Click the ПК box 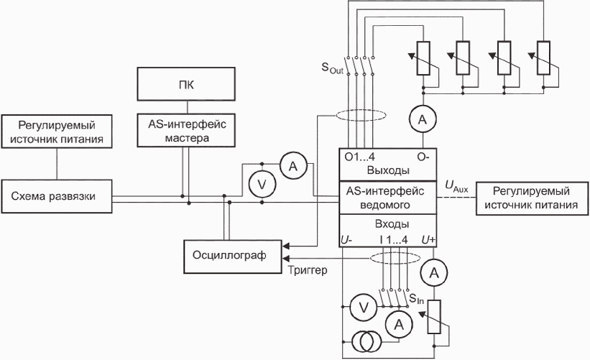coord(186,84)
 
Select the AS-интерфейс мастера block coord(186,130)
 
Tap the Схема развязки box coord(57,196)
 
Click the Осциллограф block coord(233,257)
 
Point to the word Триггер coord(308,270)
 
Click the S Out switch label coord(333,68)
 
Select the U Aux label coord(456,187)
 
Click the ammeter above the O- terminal coord(423,119)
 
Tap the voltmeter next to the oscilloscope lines coord(262,185)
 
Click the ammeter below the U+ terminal coord(434,273)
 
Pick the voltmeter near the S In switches coord(364,308)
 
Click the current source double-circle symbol coord(367,341)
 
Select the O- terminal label coord(423,157)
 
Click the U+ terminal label coord(428,240)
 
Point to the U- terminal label coord(346,240)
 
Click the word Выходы coord(388,170)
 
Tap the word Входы coord(392,224)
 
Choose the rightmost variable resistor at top coord(543,58)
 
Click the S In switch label coord(416,299)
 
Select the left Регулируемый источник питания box coord(57,131)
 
